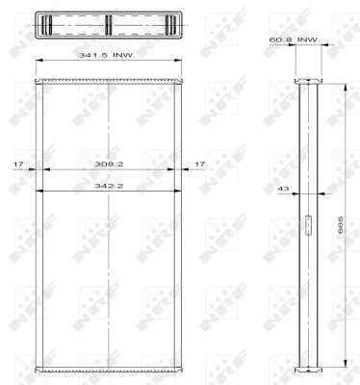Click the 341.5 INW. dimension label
[107, 55]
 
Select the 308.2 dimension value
[109, 164]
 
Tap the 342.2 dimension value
[109, 186]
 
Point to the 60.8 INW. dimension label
[295, 39]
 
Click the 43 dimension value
[283, 189]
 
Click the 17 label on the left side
[18, 164]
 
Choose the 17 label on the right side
[199, 164]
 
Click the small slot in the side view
[308, 226]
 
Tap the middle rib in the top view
[109, 25]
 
